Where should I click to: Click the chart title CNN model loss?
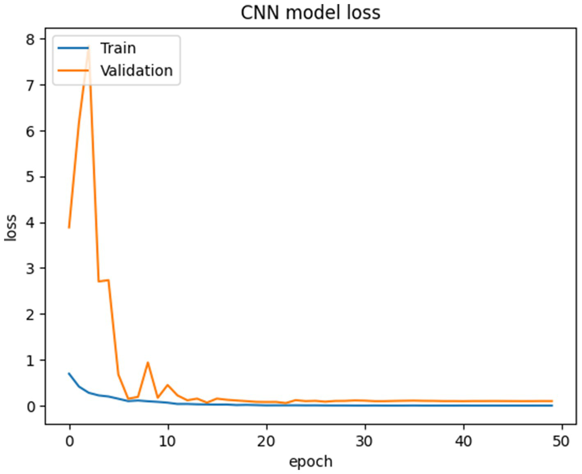[310, 12]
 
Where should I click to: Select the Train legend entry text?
[118, 48]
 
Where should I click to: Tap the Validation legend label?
[136, 71]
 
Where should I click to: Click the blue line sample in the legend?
[73, 48]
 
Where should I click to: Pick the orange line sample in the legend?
[73, 71]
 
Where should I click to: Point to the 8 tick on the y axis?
[30, 39]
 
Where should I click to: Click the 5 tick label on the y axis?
[30, 177]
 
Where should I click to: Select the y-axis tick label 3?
[30, 269]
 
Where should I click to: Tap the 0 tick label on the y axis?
[30, 407]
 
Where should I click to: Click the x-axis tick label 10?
[167, 441]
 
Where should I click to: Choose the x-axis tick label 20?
[266, 441]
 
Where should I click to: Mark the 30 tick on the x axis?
[364, 441]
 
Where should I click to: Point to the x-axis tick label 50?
[561, 441]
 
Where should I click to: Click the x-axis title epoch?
[310, 461]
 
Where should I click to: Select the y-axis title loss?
[11, 228]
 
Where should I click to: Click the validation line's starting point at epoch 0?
[69, 228]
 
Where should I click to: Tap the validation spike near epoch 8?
[148, 362]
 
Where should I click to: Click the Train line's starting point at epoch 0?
[69, 373]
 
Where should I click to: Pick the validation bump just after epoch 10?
[167, 385]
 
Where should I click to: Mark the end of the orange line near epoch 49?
[552, 401]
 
